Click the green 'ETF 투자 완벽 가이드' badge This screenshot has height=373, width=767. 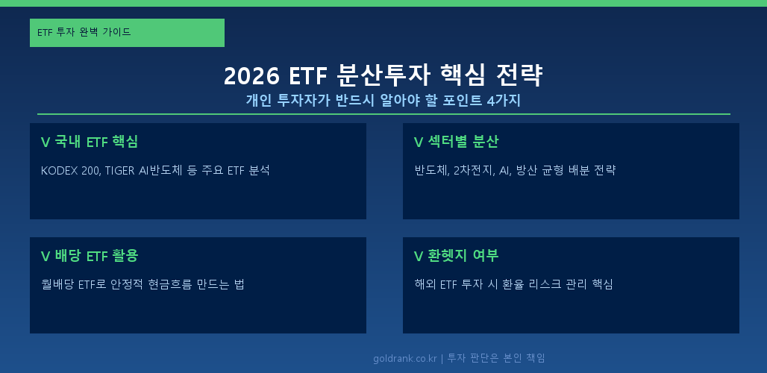(x=127, y=33)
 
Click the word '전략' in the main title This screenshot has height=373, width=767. (x=522, y=76)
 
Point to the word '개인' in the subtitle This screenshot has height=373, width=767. (x=259, y=101)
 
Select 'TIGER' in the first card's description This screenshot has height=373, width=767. (x=119, y=170)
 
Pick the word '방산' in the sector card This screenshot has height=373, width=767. (x=528, y=170)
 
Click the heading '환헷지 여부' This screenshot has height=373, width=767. (x=463, y=256)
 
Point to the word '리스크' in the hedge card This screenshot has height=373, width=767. (x=528, y=284)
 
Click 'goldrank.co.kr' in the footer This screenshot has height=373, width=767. (x=405, y=358)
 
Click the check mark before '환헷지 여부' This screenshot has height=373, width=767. (x=418, y=256)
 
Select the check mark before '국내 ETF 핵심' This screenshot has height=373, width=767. (x=46, y=142)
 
